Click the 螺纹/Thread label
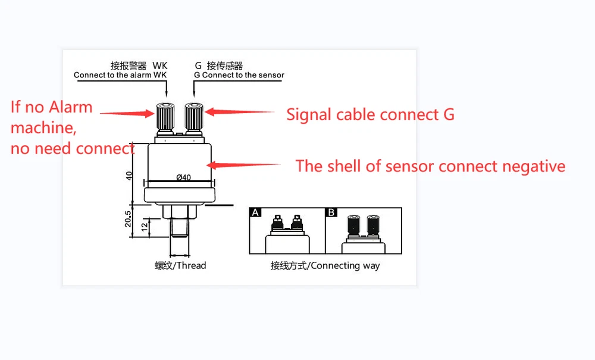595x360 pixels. point(180,265)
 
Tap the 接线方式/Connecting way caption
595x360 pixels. point(325,265)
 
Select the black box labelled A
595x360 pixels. point(256,212)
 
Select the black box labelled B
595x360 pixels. point(332,212)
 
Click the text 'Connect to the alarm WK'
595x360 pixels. point(120,76)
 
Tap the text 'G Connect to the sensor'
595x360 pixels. point(239,76)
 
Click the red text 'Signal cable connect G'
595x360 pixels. point(370,114)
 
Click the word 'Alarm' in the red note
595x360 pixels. point(70,108)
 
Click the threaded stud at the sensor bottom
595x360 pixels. point(180,236)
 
